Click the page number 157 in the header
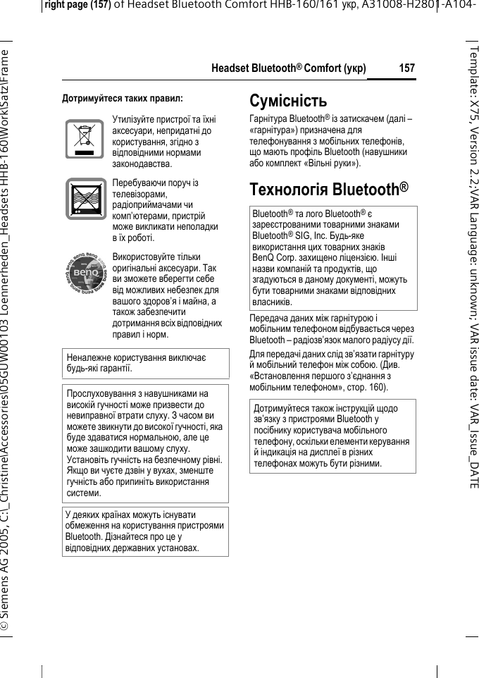click(406, 68)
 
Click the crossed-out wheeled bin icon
click(84, 138)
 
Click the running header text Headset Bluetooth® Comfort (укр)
click(289, 68)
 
